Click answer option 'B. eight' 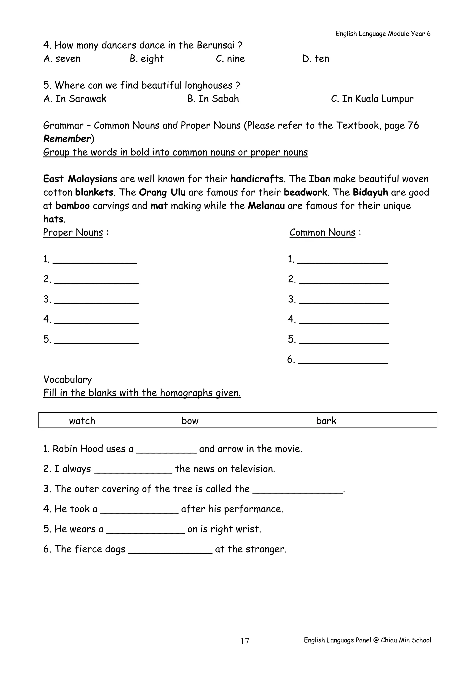pyautogui.click(x=147, y=59)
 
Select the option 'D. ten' pyautogui.click(x=316, y=59)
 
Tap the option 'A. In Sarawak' pyautogui.click(x=75, y=99)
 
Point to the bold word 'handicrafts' pyautogui.click(x=257, y=179)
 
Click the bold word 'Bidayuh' pyautogui.click(x=370, y=192)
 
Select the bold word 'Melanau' pyautogui.click(x=266, y=206)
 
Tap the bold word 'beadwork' pyautogui.click(x=305, y=192)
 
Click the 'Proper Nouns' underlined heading pyautogui.click(x=73, y=232)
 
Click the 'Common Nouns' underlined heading pyautogui.click(x=322, y=232)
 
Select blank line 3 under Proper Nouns pyautogui.click(x=96, y=300)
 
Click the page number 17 pyautogui.click(x=245, y=641)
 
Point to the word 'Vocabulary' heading pyautogui.click(x=68, y=380)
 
